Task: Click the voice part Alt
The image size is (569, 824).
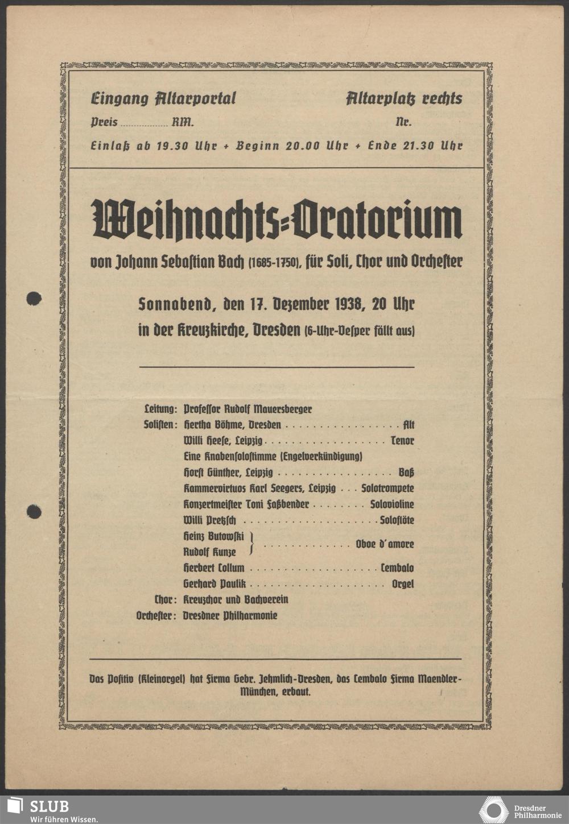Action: [x=408, y=425]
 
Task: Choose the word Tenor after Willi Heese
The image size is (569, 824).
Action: [x=402, y=441]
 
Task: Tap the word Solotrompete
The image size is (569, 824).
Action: [x=387, y=488]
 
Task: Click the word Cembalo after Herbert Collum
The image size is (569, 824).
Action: [x=397, y=568]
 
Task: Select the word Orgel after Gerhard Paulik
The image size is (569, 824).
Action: [x=402, y=584]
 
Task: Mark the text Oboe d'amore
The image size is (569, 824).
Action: [x=385, y=544]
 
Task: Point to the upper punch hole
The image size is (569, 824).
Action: [x=34, y=297]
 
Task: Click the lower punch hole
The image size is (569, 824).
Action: [x=34, y=512]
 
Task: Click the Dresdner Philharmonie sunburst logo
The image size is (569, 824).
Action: [x=493, y=810]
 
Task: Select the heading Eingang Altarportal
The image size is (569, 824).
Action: [x=163, y=98]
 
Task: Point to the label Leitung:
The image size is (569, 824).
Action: [x=161, y=409]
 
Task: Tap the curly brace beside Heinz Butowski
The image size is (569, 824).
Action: [x=251, y=544]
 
